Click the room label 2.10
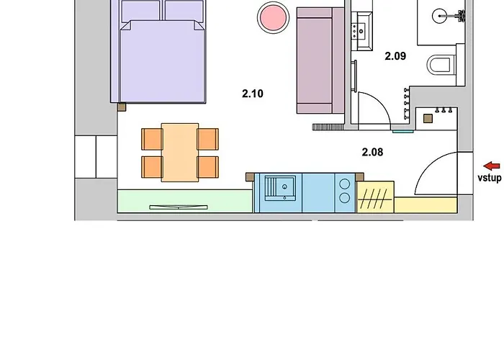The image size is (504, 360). point(253,94)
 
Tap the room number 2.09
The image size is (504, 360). point(395,56)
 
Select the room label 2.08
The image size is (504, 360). point(372,152)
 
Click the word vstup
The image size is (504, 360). point(489,178)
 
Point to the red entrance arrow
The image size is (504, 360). point(492,166)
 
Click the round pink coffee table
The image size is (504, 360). point(273,17)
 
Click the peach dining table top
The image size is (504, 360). point(180,153)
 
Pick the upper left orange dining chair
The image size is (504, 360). point(152,139)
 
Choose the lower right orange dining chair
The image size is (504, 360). point(208,167)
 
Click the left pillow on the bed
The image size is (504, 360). point(141,12)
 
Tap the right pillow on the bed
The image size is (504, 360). point(184,12)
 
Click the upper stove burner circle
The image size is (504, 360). point(345,184)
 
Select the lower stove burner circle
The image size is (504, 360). point(345,198)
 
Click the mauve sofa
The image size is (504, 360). point(320,60)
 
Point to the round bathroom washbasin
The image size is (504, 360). point(439,16)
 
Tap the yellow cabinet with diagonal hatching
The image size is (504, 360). point(375,197)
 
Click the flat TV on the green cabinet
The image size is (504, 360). point(179,207)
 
